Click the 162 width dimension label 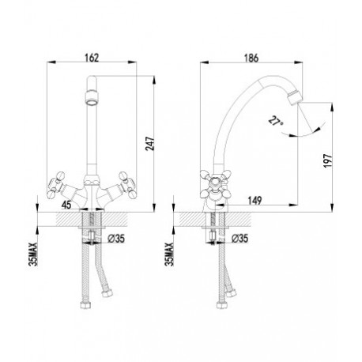(92, 58)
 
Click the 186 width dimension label (251, 58)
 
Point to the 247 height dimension (150, 144)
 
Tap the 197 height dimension (328, 160)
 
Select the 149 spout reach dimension (255, 201)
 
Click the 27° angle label (276, 122)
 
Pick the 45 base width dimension (66, 205)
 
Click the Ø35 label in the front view (116, 239)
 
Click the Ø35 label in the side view (240, 239)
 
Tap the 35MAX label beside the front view (34, 254)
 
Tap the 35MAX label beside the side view (169, 254)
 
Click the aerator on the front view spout (92, 98)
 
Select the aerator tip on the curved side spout (295, 96)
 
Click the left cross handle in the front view (56, 185)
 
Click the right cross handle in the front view (128, 185)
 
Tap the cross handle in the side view (216, 183)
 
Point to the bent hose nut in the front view (107, 293)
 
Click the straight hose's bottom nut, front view (86, 305)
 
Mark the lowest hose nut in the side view (222, 305)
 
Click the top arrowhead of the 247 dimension (154, 80)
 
